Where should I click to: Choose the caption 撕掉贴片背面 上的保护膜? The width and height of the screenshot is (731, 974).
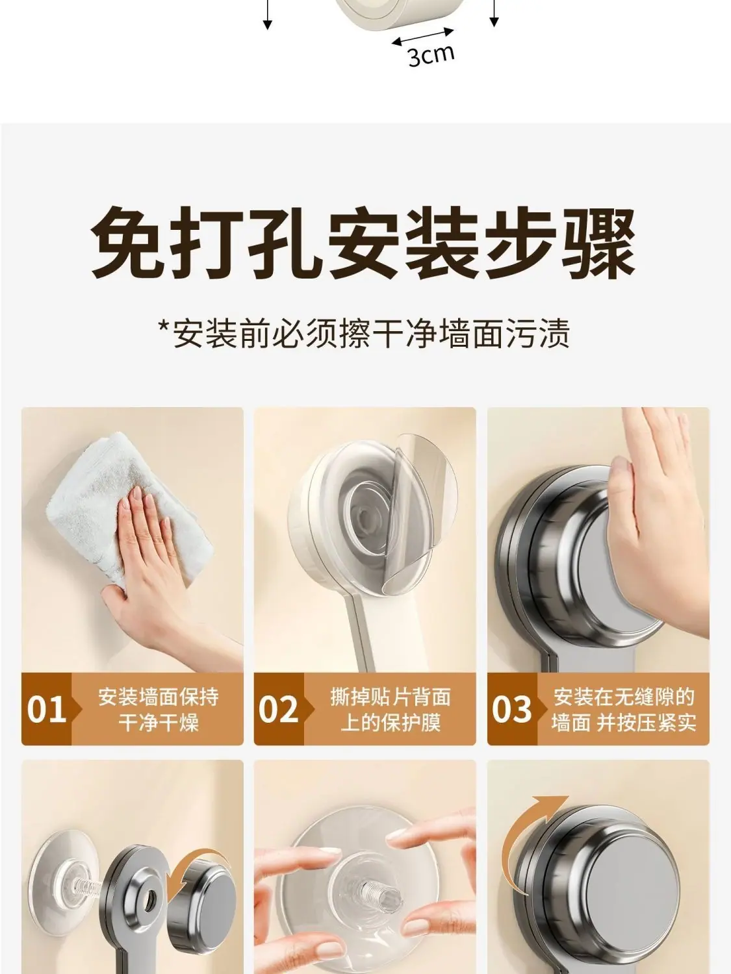(x=391, y=710)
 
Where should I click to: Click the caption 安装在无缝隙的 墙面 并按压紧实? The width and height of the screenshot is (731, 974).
(x=624, y=710)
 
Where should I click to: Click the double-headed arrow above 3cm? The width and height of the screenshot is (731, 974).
(x=424, y=36)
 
